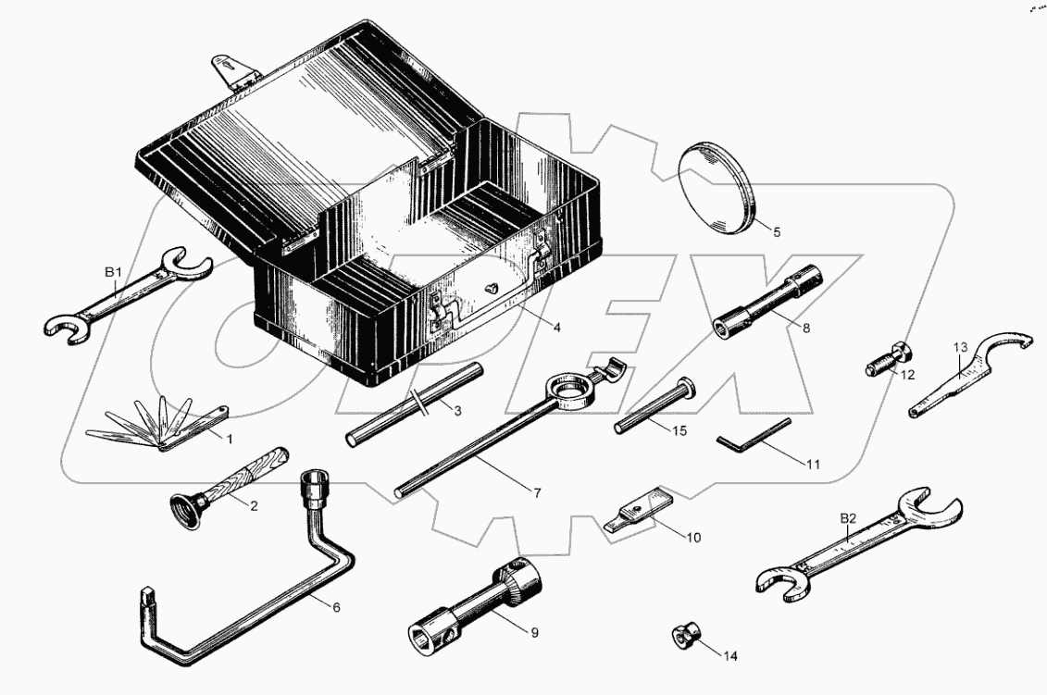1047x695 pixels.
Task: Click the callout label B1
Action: (113, 272)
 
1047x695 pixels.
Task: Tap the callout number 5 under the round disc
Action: (777, 232)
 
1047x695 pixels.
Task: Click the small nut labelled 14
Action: (684, 637)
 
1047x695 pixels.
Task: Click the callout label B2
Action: (848, 519)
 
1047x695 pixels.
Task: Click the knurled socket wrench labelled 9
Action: (473, 606)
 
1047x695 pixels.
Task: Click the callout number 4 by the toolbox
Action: (557, 327)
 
